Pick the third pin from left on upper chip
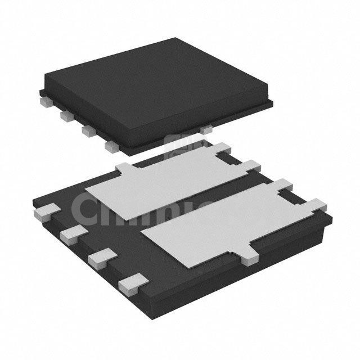[87, 130]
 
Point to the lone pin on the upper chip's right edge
[206, 129]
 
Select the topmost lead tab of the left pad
[222, 148]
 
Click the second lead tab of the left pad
[251, 165]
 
